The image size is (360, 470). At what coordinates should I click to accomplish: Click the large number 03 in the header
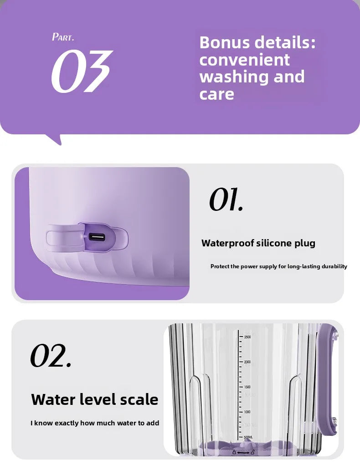(x=81, y=71)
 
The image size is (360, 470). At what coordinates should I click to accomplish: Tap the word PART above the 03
(x=63, y=37)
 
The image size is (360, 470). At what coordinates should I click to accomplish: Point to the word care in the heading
(x=216, y=94)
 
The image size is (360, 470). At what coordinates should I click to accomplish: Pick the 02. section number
(x=51, y=356)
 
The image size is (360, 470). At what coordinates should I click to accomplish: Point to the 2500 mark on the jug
(x=247, y=337)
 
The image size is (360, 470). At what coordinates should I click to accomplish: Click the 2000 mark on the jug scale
(x=247, y=362)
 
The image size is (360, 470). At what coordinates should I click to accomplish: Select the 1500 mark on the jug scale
(x=247, y=387)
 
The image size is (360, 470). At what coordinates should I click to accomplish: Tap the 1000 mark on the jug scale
(x=247, y=412)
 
